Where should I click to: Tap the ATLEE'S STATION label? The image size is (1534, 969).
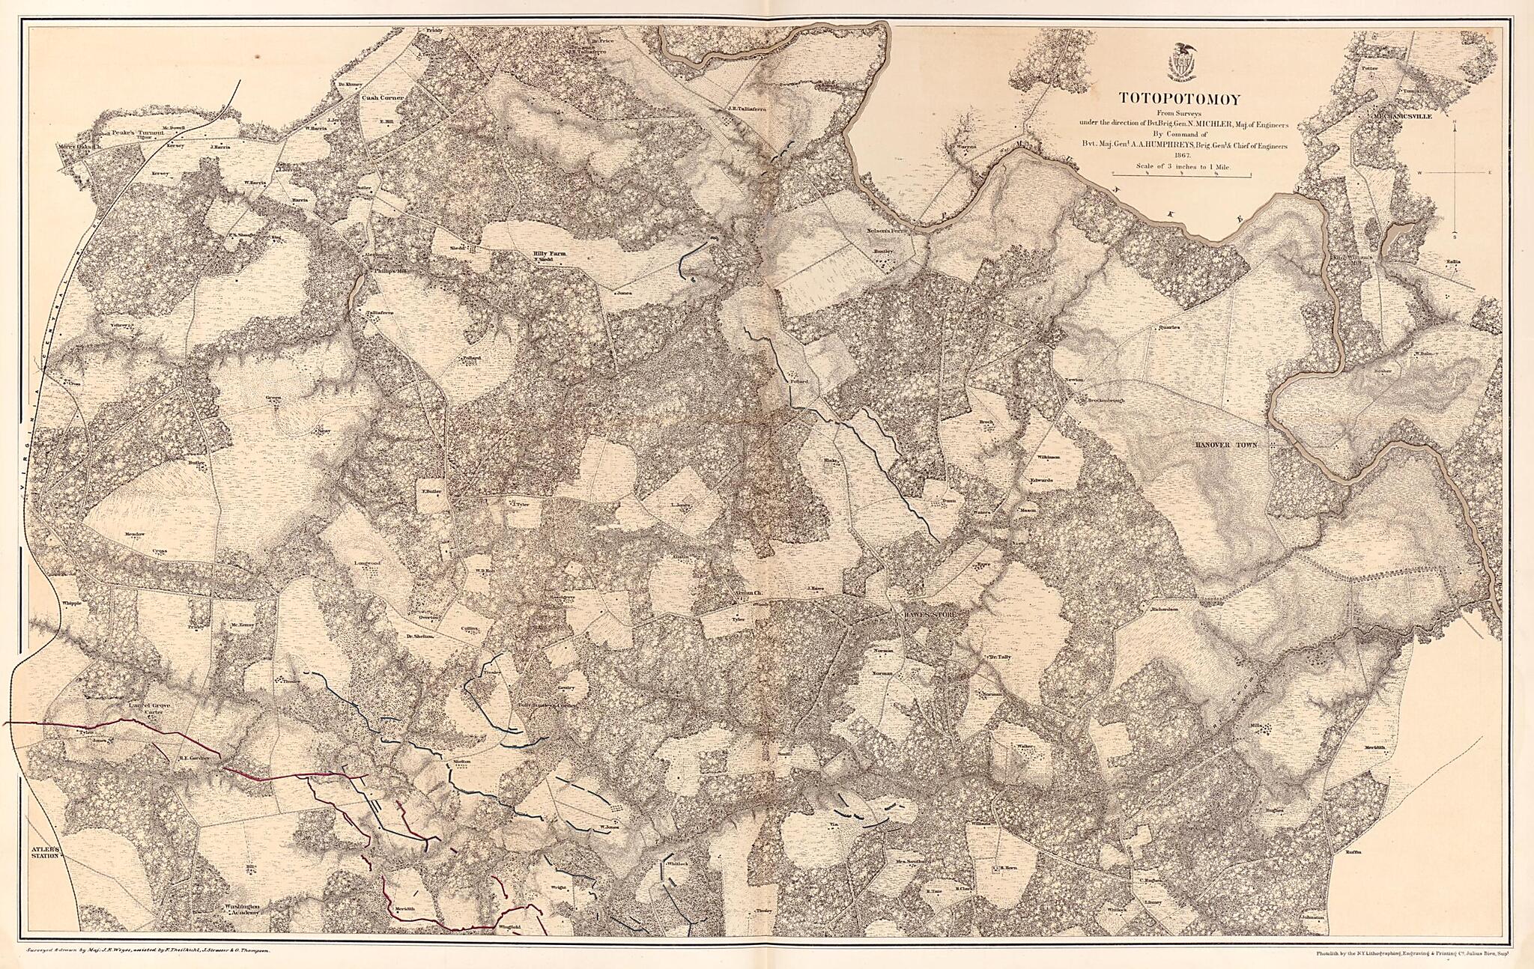[x=44, y=854]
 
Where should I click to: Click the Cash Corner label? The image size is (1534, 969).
[x=383, y=97]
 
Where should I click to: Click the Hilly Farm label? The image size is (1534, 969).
[x=549, y=254]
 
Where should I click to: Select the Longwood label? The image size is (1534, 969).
[x=368, y=562]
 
